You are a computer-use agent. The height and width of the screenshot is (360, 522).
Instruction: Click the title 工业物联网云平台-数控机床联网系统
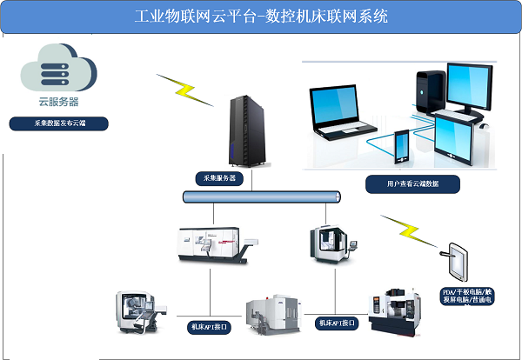(261, 17)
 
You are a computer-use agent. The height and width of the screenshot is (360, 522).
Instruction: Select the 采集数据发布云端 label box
(59, 123)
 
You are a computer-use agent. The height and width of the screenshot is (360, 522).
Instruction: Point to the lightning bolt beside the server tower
(184, 89)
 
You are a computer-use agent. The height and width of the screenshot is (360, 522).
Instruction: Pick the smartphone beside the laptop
(403, 149)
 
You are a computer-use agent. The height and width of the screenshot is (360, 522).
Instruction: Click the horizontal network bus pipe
(261, 198)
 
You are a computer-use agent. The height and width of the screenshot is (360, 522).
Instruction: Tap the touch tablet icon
(458, 258)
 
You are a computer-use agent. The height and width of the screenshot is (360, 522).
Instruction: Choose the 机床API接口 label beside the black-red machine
(337, 323)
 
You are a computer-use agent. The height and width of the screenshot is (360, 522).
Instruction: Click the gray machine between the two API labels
(274, 313)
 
